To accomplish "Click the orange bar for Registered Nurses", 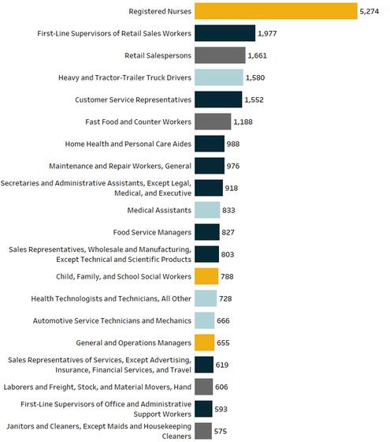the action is pos(276,11).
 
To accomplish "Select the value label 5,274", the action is pos(370,12).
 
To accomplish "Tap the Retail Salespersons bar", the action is pos(220,55).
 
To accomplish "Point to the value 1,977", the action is pos(267,33).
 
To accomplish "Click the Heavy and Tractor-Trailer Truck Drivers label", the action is pos(124,77).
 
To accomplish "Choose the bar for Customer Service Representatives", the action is pos(218,99).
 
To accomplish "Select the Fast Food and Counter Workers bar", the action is pos(213,122).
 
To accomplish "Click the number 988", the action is pos(233,144).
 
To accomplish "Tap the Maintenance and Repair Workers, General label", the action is pos(120,166).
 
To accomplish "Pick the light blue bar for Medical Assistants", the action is pos(207,210).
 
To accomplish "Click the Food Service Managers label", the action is pos(152,232).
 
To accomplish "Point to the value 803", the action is pos(228,254).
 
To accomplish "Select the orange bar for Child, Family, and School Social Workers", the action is pos(206,276).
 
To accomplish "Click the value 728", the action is pos(225,299).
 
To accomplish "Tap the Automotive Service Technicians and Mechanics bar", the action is pos(204,320).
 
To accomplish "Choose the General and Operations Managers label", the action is pos(133,343).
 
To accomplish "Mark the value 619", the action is pos(222,365).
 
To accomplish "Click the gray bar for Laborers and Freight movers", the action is pos(203,387).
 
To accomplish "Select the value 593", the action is pos(221,410).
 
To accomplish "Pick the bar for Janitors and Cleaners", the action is pos(203,431).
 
